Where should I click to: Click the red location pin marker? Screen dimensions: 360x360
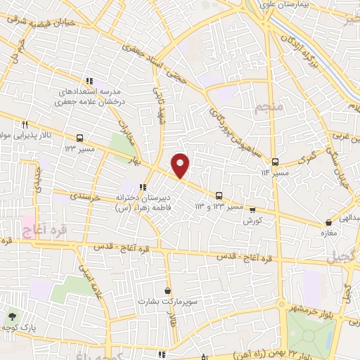pos(181,165)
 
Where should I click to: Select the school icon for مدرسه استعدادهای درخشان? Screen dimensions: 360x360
pos(89,81)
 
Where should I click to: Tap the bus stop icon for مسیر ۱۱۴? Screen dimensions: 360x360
pos(276,162)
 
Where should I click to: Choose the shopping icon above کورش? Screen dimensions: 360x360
pos(252,210)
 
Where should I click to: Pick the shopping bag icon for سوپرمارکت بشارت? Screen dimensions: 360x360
pos(167,290)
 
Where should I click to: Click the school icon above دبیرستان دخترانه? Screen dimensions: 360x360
pos(143,188)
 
